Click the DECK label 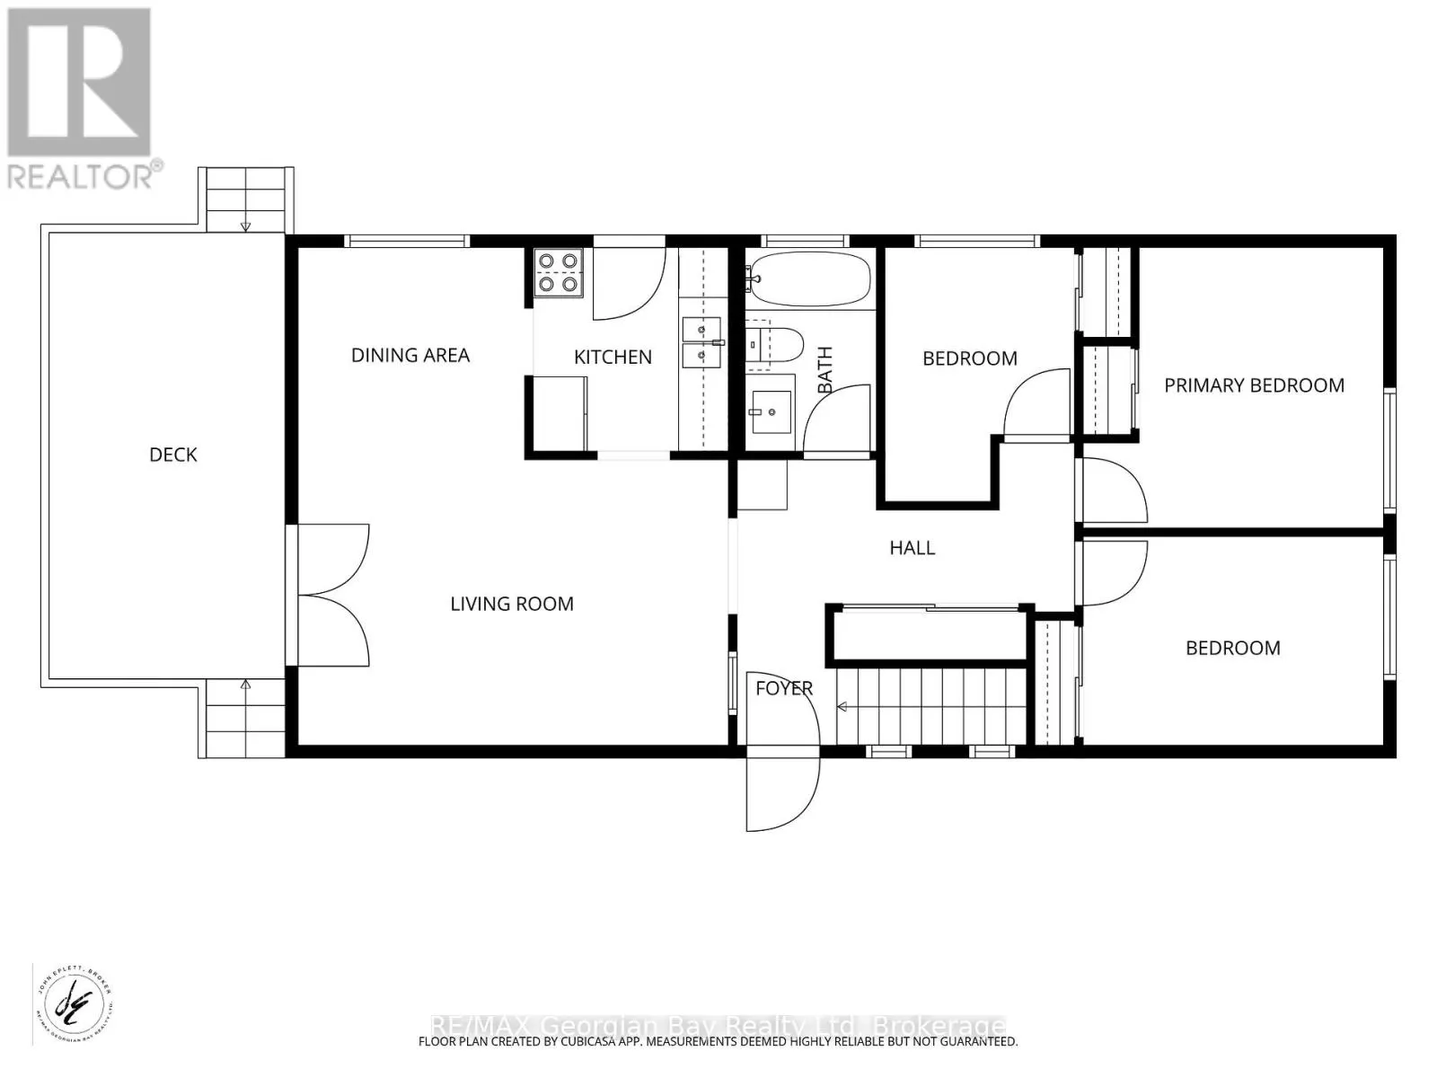point(172,455)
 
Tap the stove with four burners point(557,273)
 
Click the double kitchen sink point(701,343)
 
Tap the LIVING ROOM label point(512,604)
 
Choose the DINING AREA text point(410,355)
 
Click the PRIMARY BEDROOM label point(1254,385)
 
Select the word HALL point(912,548)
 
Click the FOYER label point(784,688)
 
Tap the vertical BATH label point(825,369)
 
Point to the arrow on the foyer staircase point(844,707)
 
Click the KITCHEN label point(613,357)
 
